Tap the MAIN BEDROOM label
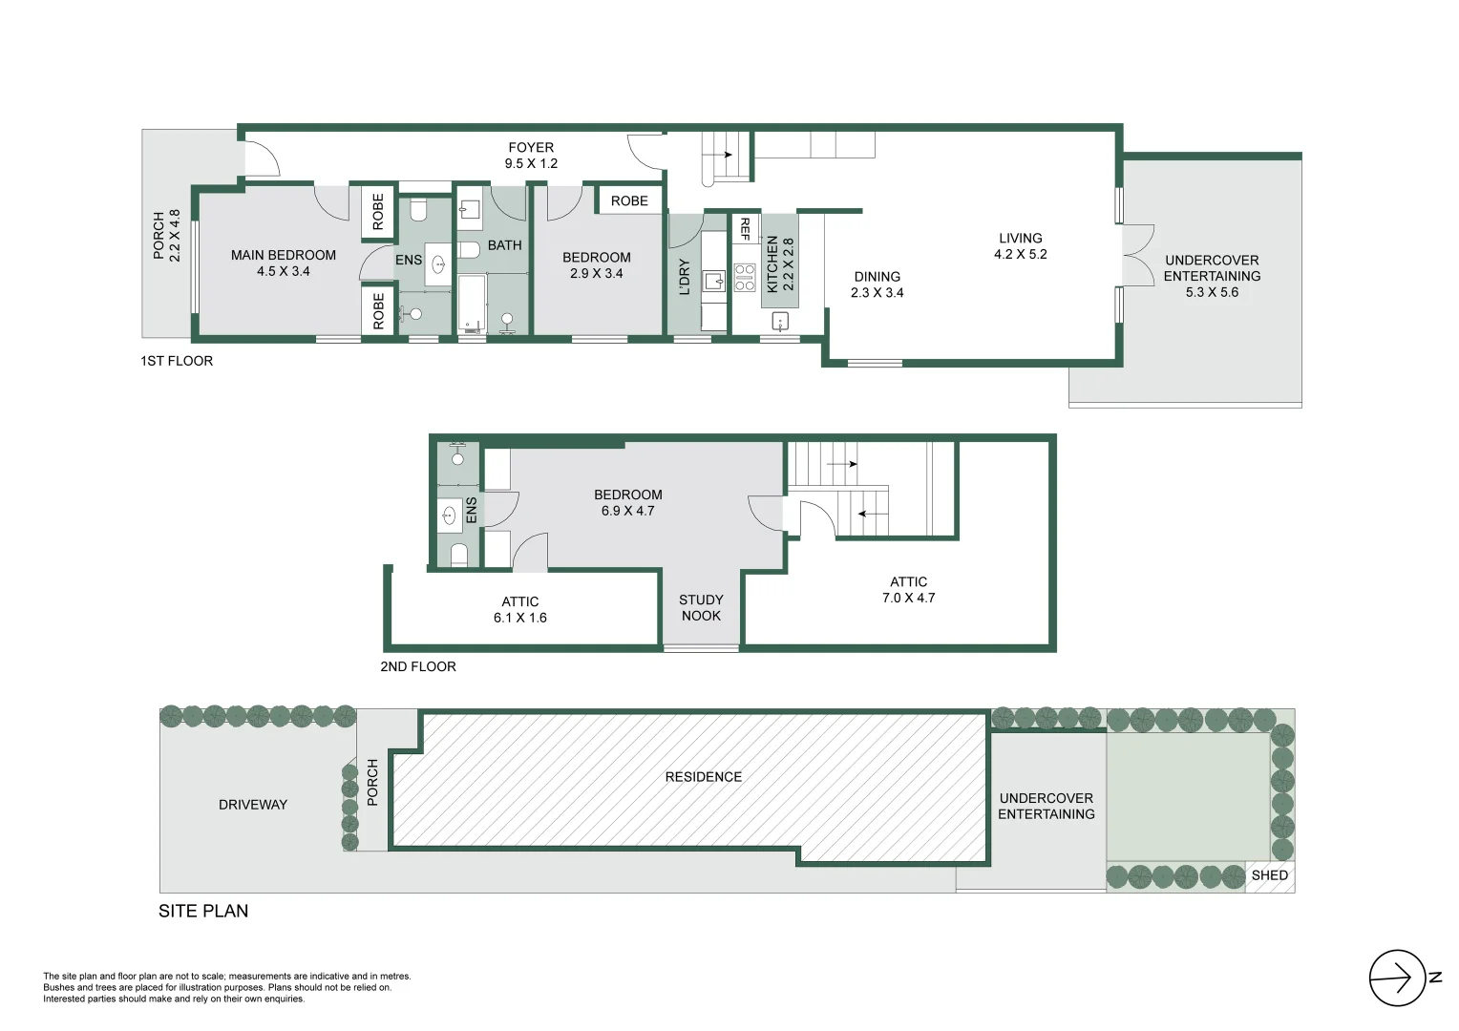pos(284,255)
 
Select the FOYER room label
pos(531,148)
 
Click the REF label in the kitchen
pos(745,229)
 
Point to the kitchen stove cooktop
pos(745,277)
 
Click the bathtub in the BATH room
pos(473,303)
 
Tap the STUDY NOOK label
pos(701,608)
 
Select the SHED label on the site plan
pos(1269,875)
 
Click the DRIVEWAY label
pos(253,805)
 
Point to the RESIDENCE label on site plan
pos(704,777)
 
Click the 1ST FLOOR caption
pos(177,361)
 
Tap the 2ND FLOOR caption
pos(418,667)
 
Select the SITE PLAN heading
pos(203,911)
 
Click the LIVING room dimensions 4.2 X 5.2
pos(1021,255)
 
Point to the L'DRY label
pos(685,277)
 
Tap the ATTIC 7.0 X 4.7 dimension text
pos(909,598)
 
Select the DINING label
pos(878,277)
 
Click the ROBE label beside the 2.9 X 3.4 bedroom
pos(629,201)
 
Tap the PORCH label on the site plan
pos(372,782)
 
